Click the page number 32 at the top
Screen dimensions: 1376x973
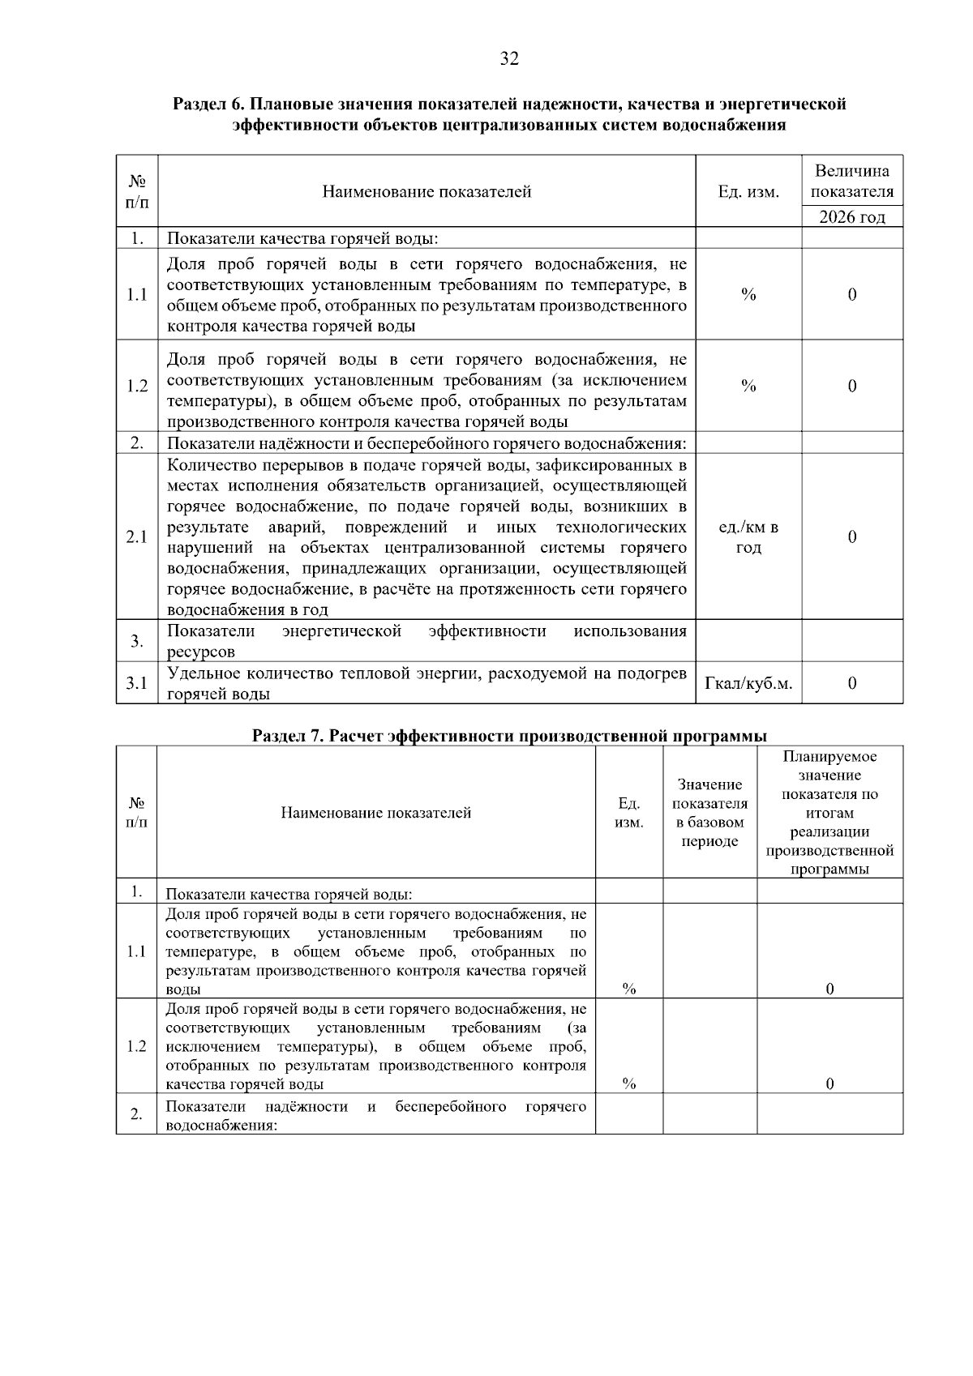tap(508, 58)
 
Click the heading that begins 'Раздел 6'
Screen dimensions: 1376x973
tap(509, 114)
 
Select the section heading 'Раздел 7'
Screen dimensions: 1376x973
tap(509, 736)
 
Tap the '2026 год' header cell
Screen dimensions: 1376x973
tap(851, 216)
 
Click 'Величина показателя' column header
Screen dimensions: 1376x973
tap(851, 181)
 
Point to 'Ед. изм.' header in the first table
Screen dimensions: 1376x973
tap(748, 192)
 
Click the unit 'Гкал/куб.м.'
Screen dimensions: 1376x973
tap(748, 684)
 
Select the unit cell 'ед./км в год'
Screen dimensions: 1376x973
tap(748, 537)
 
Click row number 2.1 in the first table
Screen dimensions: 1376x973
tap(137, 537)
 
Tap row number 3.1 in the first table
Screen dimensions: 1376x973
tap(137, 683)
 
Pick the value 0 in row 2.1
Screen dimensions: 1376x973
tap(851, 537)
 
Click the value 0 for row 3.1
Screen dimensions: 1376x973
tap(851, 684)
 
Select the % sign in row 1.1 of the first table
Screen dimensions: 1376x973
tap(748, 295)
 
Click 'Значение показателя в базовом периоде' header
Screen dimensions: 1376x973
tap(709, 812)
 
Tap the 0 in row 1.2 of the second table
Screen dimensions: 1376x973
tap(829, 1084)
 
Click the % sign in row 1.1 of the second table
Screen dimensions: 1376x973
tap(628, 989)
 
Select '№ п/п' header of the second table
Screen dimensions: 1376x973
tap(137, 812)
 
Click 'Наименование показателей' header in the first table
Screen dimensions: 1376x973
tap(426, 192)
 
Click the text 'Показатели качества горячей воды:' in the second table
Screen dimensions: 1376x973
tap(289, 895)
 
